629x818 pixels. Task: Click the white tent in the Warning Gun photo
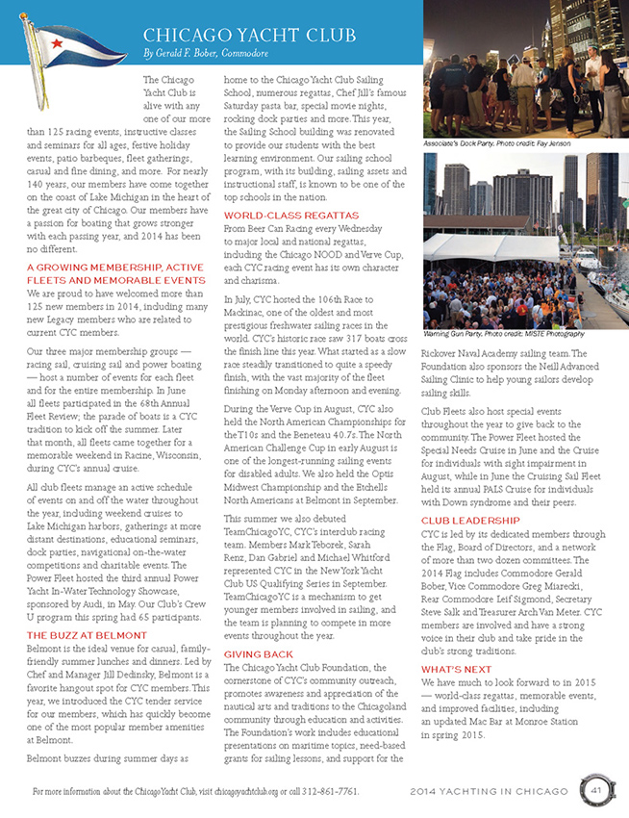point(510,250)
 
